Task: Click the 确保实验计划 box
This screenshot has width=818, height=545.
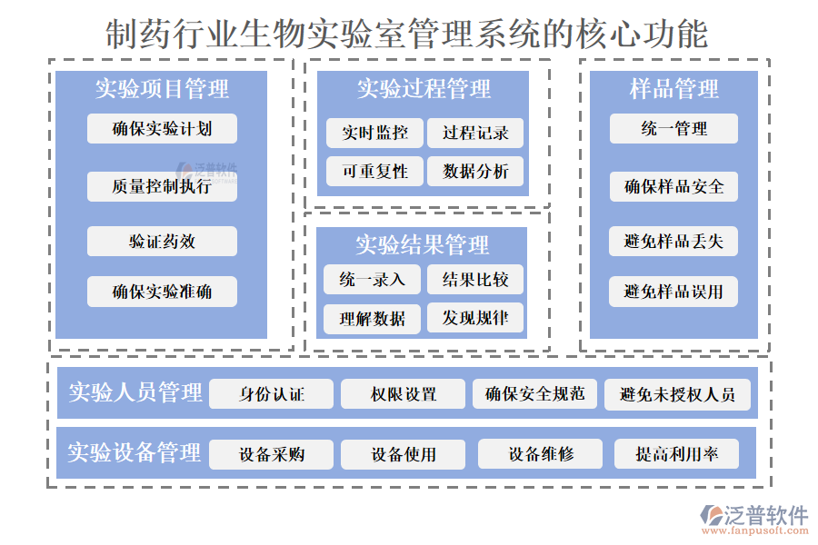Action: pyautogui.click(x=162, y=128)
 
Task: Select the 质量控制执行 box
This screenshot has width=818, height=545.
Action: pyautogui.click(x=162, y=186)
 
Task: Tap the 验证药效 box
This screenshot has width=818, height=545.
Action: pyautogui.click(x=162, y=242)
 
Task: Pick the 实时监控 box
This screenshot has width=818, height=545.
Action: pyautogui.click(x=374, y=133)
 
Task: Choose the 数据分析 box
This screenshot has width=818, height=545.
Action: pyautogui.click(x=475, y=171)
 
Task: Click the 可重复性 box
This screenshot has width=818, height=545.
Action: pyautogui.click(x=374, y=171)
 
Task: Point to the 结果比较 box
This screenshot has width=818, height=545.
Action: pyautogui.click(x=475, y=279)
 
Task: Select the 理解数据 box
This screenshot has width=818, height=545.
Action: pyautogui.click(x=372, y=318)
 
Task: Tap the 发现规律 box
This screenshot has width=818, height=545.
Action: pyautogui.click(x=475, y=318)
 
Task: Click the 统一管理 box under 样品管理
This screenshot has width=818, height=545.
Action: pyautogui.click(x=673, y=129)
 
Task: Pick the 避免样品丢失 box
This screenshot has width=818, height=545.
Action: pyautogui.click(x=673, y=242)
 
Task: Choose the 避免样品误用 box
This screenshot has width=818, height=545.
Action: pyautogui.click(x=673, y=292)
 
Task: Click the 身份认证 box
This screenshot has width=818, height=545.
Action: pyautogui.click(x=271, y=394)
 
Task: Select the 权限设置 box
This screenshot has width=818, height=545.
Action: pyautogui.click(x=403, y=394)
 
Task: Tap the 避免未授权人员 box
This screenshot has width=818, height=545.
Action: pyautogui.click(x=677, y=394)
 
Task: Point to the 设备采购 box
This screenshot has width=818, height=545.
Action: pyautogui.click(x=271, y=454)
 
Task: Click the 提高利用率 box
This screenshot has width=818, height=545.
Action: pyautogui.click(x=676, y=454)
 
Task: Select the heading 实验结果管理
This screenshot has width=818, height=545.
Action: pyautogui.click(x=422, y=244)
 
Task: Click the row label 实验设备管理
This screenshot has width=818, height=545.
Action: pyautogui.click(x=134, y=452)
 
